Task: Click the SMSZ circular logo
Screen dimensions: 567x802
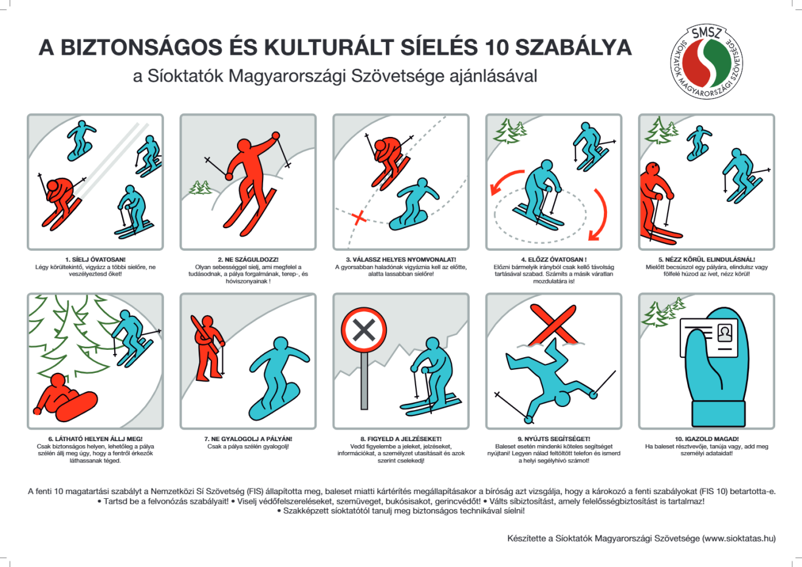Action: coord(708,62)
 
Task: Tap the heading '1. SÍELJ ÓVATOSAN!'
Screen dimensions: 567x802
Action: coord(95,260)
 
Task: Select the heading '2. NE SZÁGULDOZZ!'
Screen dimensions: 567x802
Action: coord(248,260)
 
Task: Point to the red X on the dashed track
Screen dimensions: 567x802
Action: coord(359,217)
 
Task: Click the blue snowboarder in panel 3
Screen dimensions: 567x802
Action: coord(415,204)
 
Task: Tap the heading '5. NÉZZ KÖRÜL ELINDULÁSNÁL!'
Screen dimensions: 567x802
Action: coord(707,260)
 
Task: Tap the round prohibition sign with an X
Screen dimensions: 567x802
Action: coord(364,331)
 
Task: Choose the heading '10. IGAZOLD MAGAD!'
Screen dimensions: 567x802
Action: coord(707,439)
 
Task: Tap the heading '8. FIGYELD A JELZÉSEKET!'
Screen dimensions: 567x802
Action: coord(401,439)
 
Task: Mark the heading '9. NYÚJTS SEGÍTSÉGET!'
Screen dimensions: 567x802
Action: coord(554,439)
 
